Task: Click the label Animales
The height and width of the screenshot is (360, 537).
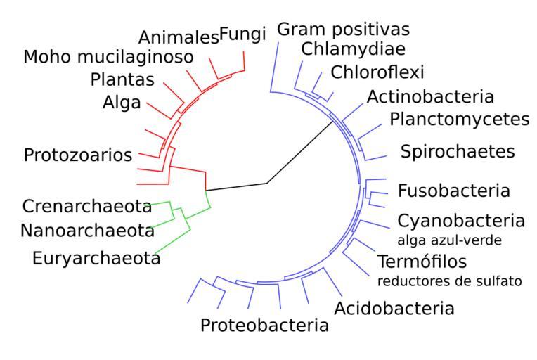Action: (x=178, y=38)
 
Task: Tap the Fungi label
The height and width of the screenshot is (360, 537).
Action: (x=242, y=33)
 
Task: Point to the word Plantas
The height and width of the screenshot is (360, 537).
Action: (x=122, y=79)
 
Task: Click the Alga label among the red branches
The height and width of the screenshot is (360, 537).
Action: (x=121, y=103)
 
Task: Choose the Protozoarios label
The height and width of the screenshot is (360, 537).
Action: (x=77, y=155)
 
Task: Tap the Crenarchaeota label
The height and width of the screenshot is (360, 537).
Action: (x=87, y=207)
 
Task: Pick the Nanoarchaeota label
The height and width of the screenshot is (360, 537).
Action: (x=87, y=231)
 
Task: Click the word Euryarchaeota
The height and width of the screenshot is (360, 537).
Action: (x=96, y=258)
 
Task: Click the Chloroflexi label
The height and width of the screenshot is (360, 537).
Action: (x=377, y=72)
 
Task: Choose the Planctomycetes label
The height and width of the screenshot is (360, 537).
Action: (x=459, y=118)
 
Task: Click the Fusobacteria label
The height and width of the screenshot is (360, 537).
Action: (x=453, y=191)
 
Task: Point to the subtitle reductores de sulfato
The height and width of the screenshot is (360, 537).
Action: (x=449, y=281)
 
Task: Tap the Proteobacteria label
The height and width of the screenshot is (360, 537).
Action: (x=264, y=325)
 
